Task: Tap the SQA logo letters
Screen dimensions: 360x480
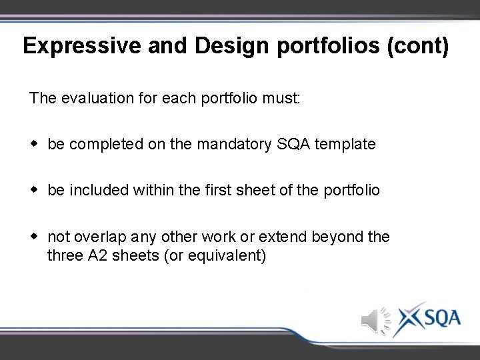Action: (441, 318)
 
